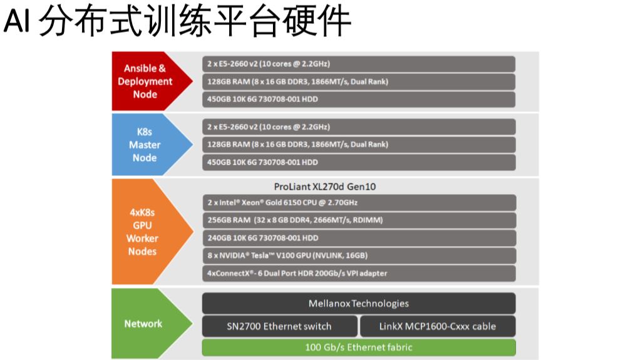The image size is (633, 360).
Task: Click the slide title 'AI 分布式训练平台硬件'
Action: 177,23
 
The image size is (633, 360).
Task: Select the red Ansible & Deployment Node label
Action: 145,81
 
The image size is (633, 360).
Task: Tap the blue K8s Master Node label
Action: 145,145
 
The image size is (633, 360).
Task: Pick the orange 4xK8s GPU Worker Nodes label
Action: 143,232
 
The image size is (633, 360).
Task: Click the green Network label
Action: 143,324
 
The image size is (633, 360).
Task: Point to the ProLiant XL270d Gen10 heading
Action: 325,187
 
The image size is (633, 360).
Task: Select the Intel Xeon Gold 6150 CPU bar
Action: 359,203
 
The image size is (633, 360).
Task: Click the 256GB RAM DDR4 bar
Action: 359,220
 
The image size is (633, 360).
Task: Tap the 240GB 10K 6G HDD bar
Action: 359,238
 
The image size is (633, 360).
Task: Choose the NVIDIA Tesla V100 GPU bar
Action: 359,255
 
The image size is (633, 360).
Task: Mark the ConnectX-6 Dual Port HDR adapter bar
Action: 359,273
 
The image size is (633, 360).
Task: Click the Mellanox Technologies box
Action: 359,304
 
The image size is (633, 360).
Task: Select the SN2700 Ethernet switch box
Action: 279,326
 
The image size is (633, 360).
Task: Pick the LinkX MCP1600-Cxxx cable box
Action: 438,326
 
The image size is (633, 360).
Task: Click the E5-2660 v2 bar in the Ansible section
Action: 359,64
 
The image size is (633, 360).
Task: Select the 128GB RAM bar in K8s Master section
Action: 359,145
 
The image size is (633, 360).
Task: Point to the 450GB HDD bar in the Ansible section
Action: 359,100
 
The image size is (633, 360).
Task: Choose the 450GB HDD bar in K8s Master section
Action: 359,162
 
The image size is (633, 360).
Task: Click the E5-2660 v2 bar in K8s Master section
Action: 359,127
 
